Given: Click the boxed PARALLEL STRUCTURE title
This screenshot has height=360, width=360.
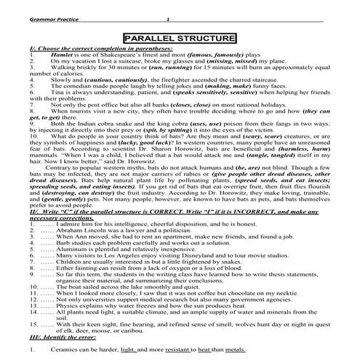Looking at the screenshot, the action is tap(179, 38).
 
